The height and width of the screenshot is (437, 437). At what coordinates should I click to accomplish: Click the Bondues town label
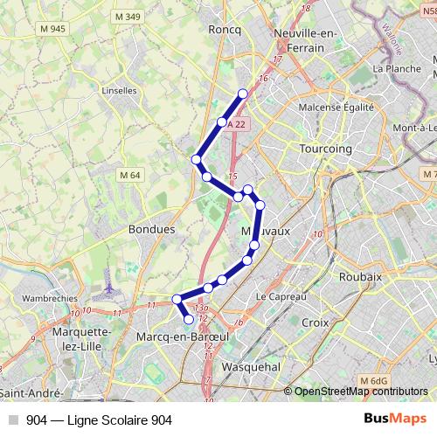(x=152, y=229)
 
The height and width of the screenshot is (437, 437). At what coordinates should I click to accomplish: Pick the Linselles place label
(x=119, y=90)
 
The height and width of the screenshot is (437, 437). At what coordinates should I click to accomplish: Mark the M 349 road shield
(x=129, y=16)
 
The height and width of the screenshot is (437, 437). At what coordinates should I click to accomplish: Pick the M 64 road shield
(x=130, y=175)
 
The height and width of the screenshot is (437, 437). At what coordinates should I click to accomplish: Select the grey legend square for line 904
(x=13, y=420)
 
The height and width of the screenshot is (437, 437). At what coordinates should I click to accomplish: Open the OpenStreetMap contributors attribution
(x=362, y=392)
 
